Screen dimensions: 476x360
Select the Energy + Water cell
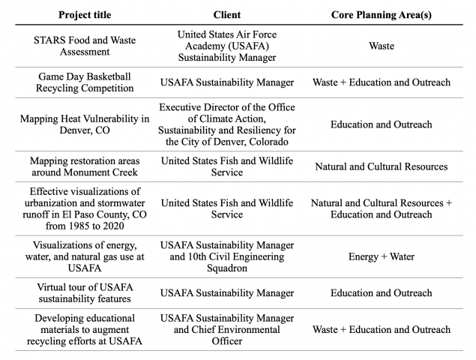coord(381,257)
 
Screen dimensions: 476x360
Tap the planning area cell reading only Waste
coord(381,46)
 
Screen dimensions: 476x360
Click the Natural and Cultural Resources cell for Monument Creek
coord(381,166)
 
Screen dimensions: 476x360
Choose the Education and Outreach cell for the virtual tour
coord(381,293)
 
